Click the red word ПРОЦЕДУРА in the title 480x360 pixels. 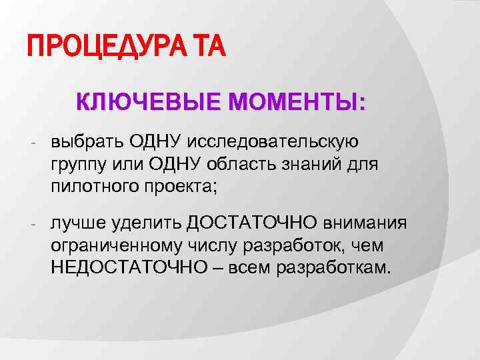coord(106,48)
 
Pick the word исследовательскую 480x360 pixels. coord(274,142)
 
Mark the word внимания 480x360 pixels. coord(368,223)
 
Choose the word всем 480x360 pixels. coord(256,267)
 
